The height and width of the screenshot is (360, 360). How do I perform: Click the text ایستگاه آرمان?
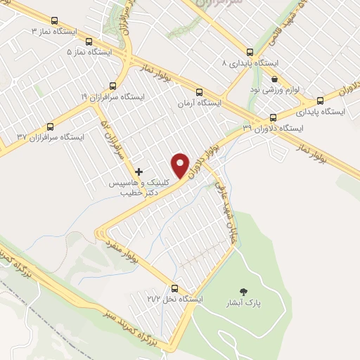[200, 103]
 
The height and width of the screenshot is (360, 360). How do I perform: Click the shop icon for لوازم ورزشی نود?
[275, 79]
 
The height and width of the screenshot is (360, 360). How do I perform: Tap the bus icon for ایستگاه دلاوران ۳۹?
[273, 117]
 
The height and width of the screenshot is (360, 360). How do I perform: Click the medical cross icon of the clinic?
[139, 172]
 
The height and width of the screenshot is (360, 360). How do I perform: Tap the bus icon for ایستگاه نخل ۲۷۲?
[176, 288]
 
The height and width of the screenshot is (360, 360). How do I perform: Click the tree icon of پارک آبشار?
[244, 290]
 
